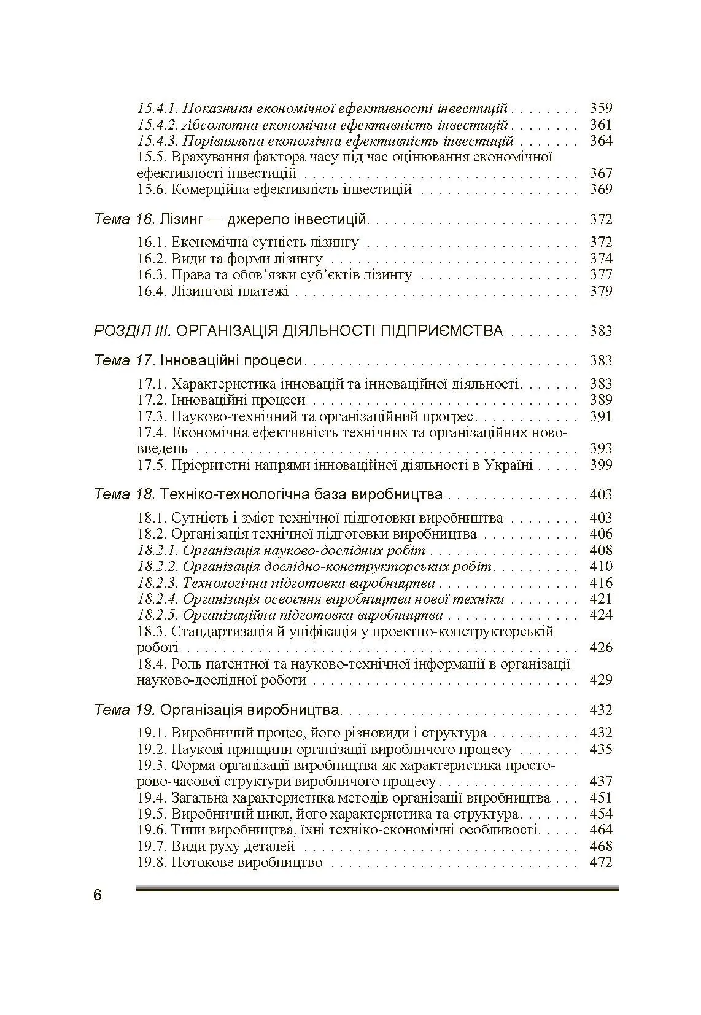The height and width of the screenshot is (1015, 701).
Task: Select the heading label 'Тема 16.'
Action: pyautogui.click(x=125, y=219)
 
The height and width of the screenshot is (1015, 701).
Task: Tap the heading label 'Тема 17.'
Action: pyautogui.click(x=125, y=360)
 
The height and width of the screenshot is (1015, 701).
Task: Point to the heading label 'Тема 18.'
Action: pyautogui.click(x=125, y=494)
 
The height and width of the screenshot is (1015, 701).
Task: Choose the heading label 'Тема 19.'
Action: pyautogui.click(x=125, y=710)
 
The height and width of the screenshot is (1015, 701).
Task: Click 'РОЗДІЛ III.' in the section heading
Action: pyautogui.click(x=132, y=331)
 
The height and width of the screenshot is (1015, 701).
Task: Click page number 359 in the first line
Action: pyautogui.click(x=600, y=109)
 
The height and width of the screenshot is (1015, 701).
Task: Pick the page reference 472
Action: pyautogui.click(x=600, y=862)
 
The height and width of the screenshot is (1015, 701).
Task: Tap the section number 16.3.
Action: pyautogui.click(x=151, y=274)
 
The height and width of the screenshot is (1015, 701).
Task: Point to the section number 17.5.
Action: pyautogui.click(x=151, y=465)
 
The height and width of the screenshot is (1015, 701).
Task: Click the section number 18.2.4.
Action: pyautogui.click(x=157, y=599)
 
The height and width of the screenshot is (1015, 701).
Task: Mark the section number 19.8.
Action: pyautogui.click(x=151, y=862)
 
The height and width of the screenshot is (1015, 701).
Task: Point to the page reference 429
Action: pyautogui.click(x=600, y=680)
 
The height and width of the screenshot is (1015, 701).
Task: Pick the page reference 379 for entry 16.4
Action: pyautogui.click(x=600, y=291)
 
